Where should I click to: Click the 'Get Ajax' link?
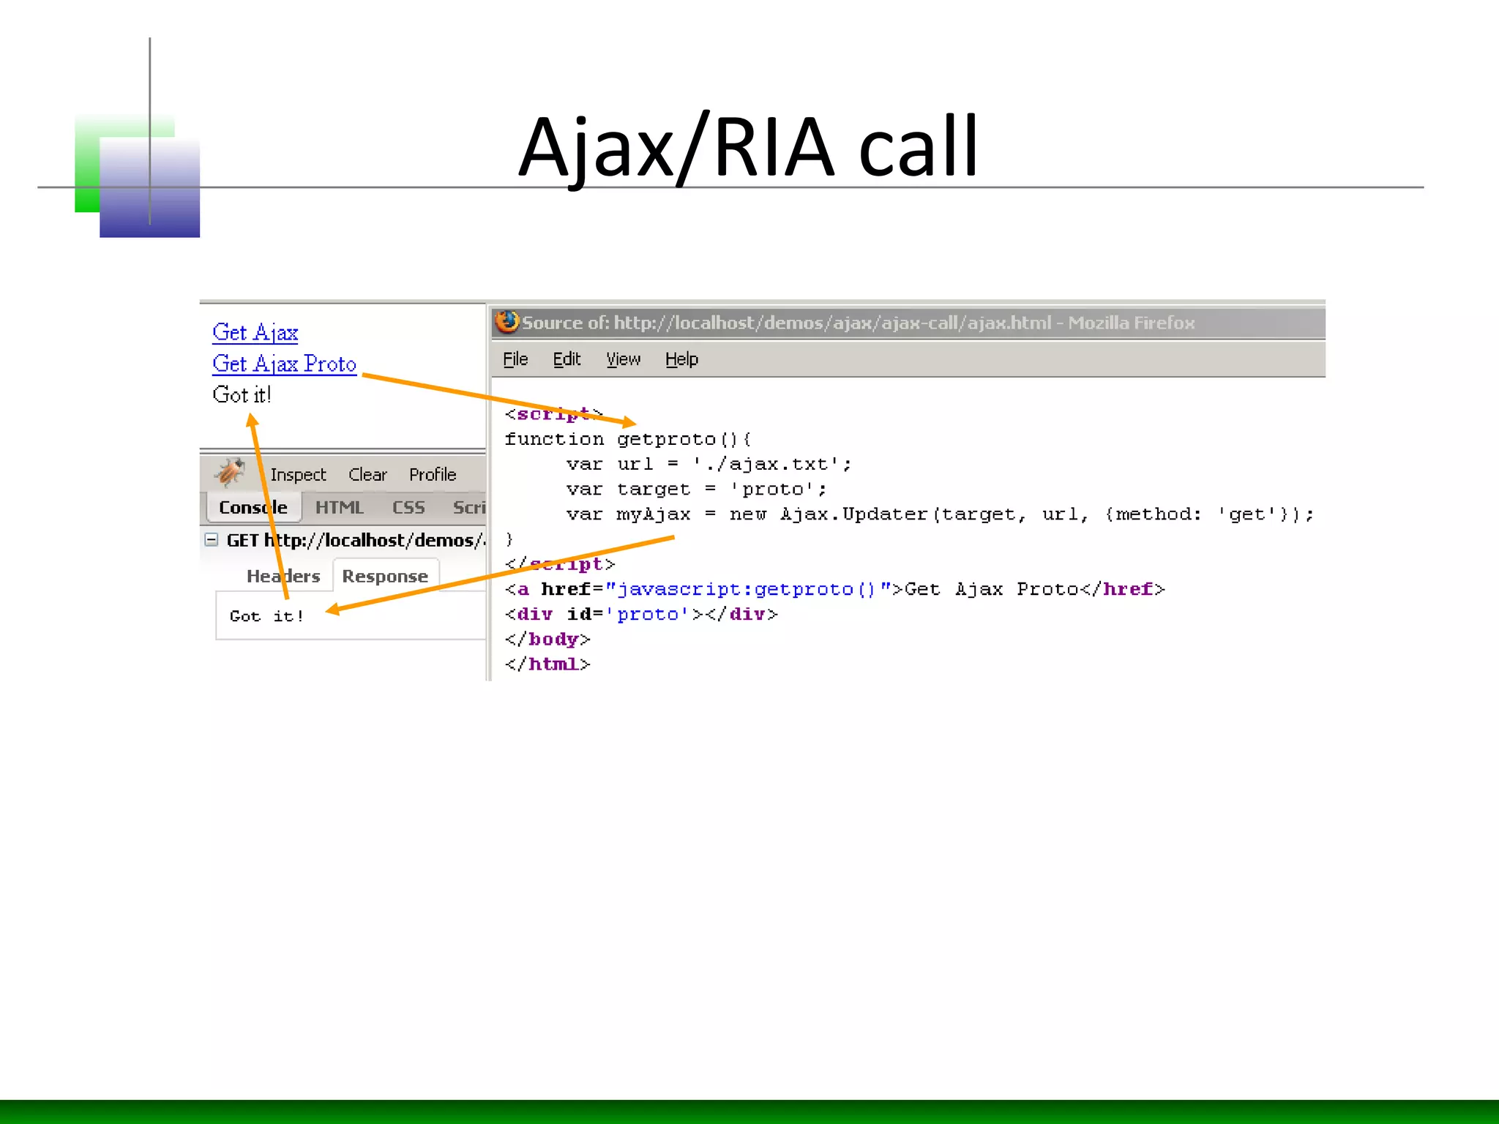[255, 333]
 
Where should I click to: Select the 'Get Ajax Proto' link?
[284, 364]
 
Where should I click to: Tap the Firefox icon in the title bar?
[506, 322]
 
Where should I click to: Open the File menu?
[515, 359]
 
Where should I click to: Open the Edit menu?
[567, 359]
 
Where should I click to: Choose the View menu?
[623, 359]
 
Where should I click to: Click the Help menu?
[681, 359]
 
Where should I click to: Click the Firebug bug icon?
[230, 473]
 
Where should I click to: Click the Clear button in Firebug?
[367, 475]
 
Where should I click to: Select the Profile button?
[433, 475]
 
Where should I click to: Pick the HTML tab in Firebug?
[339, 507]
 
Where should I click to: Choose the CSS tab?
[408, 507]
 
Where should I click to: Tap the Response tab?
[385, 577]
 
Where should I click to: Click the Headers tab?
[283, 577]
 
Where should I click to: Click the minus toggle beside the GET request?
[212, 540]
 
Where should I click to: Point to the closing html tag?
[547, 664]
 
